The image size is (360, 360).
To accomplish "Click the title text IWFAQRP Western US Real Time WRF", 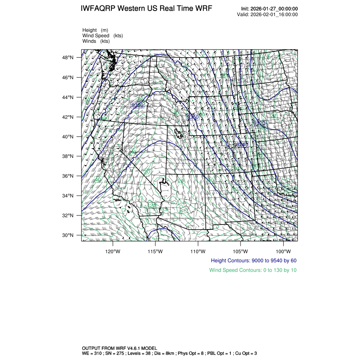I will pos(147,9).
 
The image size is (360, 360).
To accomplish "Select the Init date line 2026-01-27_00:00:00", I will pos(269,9).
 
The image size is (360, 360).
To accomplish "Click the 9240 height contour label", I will pos(241,145).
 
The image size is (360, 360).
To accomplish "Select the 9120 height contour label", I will pos(259,123).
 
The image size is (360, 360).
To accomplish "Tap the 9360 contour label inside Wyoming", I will pos(193,117).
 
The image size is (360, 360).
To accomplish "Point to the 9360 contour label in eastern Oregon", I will pos(138,105).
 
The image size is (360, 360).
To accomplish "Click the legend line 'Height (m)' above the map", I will pos(95,30).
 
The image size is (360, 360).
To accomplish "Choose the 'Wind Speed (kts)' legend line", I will pos(102,36).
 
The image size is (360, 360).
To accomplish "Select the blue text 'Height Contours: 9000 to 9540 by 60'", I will pos(253,260).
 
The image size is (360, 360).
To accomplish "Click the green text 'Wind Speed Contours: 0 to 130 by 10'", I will pos(253,270).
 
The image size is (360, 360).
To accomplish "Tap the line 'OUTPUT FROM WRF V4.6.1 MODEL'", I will pos(119,347).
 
